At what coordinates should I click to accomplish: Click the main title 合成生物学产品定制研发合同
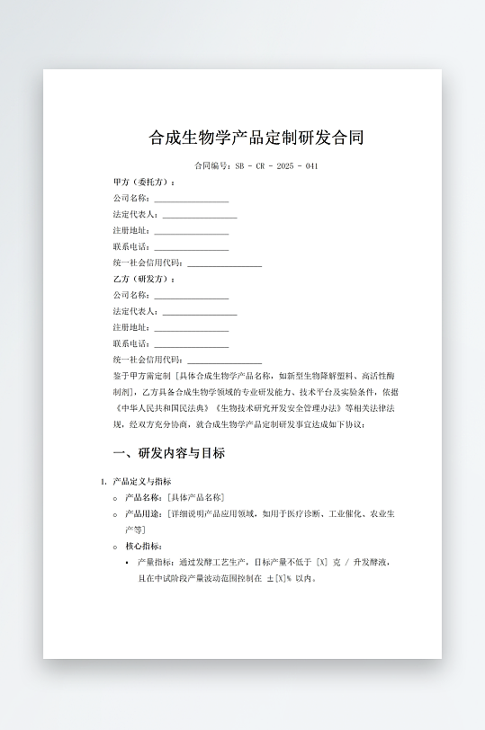click(x=256, y=138)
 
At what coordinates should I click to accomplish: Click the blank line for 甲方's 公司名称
click(x=191, y=199)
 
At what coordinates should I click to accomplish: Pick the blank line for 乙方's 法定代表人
click(x=199, y=312)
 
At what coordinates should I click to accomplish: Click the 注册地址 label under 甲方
click(x=131, y=231)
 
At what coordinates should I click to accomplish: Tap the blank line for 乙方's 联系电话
click(x=191, y=344)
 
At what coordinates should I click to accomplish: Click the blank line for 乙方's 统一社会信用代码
click(x=224, y=361)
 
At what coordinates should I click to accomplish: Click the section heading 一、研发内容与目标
click(x=168, y=453)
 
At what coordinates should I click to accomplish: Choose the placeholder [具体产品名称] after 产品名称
click(x=195, y=498)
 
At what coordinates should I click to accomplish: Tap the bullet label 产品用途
click(x=143, y=514)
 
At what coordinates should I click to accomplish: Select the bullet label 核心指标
click(x=143, y=547)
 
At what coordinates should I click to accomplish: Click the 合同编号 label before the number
click(x=212, y=166)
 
